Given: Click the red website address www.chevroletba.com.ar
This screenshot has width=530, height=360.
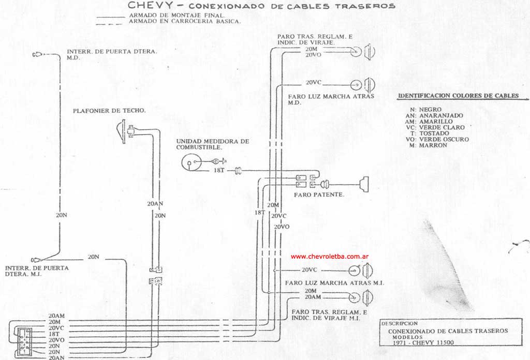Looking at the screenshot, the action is click(330, 257).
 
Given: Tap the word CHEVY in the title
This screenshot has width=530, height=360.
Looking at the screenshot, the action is click(150, 5).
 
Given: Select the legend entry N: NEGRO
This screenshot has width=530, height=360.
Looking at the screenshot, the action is click(425, 110).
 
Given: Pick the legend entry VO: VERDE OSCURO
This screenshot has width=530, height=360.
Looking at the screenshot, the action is click(437, 139).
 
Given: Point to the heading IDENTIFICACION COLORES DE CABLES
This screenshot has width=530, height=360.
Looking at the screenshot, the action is click(459, 96).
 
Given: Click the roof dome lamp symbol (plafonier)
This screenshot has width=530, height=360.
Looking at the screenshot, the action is click(125, 131).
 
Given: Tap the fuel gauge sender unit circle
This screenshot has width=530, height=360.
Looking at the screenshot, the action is click(191, 163).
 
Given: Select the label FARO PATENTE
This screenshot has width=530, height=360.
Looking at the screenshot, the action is click(319, 194).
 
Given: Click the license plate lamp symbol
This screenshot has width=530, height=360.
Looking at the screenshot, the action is click(364, 184).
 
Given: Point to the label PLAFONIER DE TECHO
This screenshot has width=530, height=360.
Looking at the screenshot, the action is click(109, 111).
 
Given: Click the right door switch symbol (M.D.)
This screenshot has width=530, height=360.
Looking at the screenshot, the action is click(37, 54).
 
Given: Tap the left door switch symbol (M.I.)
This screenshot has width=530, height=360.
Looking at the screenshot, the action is click(37, 260).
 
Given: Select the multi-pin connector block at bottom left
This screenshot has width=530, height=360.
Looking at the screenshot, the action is click(24, 341).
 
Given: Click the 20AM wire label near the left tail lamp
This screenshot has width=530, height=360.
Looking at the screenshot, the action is click(313, 297).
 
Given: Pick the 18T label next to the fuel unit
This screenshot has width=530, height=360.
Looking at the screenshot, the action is click(219, 170).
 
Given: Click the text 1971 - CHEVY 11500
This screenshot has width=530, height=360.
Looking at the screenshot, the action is click(423, 342).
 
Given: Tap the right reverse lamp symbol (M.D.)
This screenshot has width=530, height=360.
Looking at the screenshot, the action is click(363, 85).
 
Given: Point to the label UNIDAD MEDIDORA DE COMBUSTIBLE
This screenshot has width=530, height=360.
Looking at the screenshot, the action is click(213, 144).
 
